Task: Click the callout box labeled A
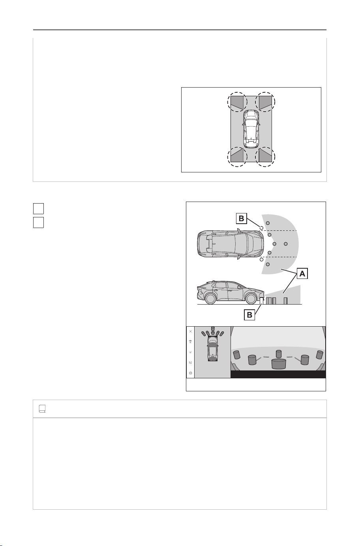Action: [302, 274]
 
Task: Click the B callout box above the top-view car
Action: [241, 219]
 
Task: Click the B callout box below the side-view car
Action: [249, 315]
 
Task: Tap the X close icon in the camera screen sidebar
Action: [191, 331]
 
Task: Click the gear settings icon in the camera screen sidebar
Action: [191, 373]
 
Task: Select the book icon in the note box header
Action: [42, 409]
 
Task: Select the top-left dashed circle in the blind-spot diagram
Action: [237, 102]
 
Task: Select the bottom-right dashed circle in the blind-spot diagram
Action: [265, 157]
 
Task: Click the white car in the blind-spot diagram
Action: [251, 129]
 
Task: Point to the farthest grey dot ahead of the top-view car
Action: [286, 244]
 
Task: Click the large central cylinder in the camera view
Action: [279, 364]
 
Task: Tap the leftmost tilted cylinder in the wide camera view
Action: [236, 355]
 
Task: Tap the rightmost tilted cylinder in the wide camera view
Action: [320, 355]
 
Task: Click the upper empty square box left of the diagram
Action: [38, 209]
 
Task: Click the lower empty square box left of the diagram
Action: [38, 222]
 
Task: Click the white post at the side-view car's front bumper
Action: [262, 301]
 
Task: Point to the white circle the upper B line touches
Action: [261, 228]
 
